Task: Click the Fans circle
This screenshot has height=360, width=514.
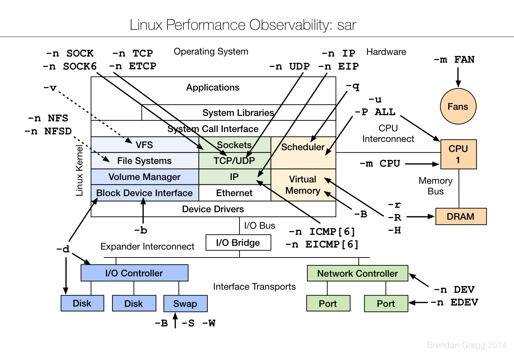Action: pos(458,106)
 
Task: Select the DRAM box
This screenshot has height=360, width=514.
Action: pos(461,216)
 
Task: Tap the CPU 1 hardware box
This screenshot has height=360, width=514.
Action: pos(458,154)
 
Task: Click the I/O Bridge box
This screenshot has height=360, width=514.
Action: pos(238,242)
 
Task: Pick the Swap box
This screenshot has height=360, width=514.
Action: pos(185,303)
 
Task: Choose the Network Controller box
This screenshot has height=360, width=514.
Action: pos(357,273)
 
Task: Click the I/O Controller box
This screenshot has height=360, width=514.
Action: pos(134,273)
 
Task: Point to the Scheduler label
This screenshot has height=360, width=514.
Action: pos(303,147)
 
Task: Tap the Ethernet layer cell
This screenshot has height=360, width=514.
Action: pos(234,193)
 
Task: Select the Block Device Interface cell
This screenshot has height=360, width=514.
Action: pos(144,193)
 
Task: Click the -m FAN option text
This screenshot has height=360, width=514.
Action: pos(454,60)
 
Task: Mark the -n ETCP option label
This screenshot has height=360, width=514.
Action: pos(133,66)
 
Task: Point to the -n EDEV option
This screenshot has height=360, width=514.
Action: pos(454,302)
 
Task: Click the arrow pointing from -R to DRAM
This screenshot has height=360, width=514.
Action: pos(420,217)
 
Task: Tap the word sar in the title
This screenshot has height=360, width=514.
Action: pos(346,25)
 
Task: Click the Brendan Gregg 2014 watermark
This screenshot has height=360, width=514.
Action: pos(466,345)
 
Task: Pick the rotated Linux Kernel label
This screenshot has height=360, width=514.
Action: pos(79,170)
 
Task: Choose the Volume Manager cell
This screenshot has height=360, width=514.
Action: pos(144,177)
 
